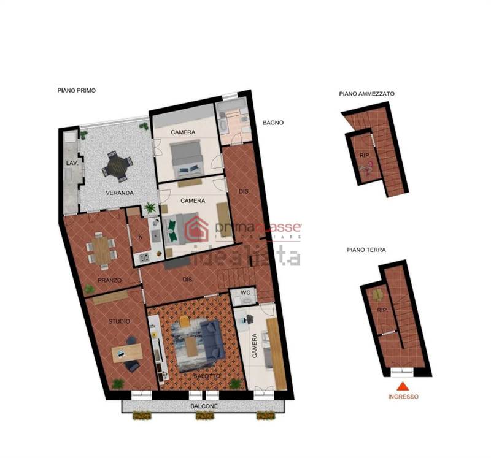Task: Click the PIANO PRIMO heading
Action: [77, 90]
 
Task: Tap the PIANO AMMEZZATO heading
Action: [366, 94]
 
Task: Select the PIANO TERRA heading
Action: [366, 250]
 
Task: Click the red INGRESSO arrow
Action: [403, 386]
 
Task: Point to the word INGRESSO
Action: [403, 397]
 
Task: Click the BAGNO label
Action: [273, 123]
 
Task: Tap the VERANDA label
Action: [120, 193]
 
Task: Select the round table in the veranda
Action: [117, 166]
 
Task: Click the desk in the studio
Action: [127, 353]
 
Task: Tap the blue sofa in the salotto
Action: [211, 339]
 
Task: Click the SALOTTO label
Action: [206, 376]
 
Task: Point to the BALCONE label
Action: [203, 406]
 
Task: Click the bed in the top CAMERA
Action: [187, 156]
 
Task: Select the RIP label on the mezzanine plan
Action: [363, 155]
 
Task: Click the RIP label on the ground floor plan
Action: [382, 310]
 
